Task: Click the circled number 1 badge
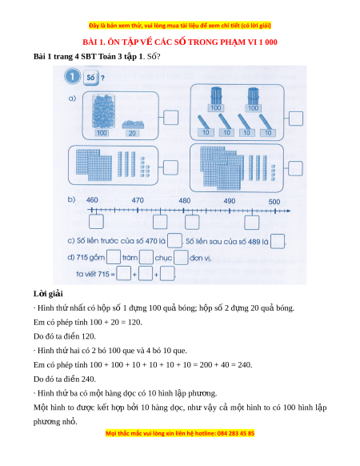[x=72, y=77]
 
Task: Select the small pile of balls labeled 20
[x=133, y=124]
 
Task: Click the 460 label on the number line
[x=92, y=200]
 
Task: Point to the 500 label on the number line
[x=274, y=202]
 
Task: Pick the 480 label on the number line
[x=185, y=201]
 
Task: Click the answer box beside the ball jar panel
[x=170, y=118]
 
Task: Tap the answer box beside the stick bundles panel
[x=295, y=119]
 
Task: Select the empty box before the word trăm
[x=114, y=257]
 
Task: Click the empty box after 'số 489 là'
[x=278, y=241]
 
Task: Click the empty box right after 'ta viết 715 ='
[x=123, y=273]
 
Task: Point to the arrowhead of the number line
[x=289, y=211]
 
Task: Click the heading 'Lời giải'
[x=48, y=294]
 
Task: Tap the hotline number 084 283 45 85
[x=236, y=433]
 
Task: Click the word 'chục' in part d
[x=163, y=258]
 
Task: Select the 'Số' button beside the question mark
[x=90, y=78]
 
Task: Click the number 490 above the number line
[x=230, y=201]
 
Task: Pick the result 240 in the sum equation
[x=245, y=364]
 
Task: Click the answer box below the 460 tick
[x=96, y=222]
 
